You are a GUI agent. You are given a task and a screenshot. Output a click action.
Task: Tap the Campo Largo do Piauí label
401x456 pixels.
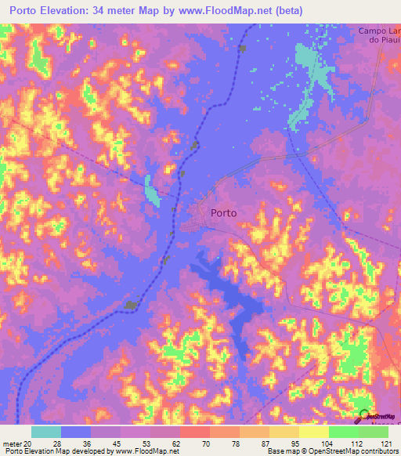click(x=379, y=36)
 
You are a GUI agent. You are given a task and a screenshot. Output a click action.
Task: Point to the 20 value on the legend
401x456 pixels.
click(x=28, y=443)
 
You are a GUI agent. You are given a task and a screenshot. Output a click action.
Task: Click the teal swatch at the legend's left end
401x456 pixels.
click(x=46, y=432)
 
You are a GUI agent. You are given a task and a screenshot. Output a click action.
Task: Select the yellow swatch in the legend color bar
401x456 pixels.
click(x=313, y=432)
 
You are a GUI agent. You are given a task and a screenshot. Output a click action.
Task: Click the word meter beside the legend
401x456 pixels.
click(x=12, y=443)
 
